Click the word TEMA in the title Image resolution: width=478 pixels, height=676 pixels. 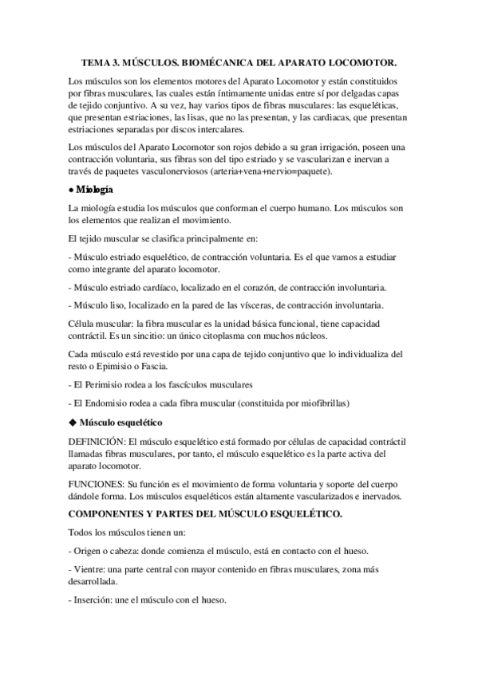[x=97, y=62]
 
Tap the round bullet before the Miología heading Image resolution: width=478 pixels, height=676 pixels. [x=73, y=190]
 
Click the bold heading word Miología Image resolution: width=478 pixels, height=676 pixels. [x=95, y=190]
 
